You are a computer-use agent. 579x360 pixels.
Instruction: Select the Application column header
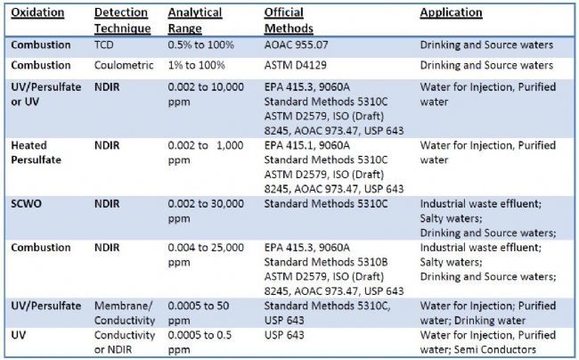[x=451, y=13]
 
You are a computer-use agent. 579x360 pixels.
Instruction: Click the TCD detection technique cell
[x=105, y=44]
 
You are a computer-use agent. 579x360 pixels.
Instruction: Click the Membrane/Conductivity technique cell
[x=125, y=312]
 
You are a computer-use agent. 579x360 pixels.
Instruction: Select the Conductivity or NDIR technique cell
[x=125, y=342]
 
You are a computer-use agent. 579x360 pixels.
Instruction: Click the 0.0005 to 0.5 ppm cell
[x=202, y=342]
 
